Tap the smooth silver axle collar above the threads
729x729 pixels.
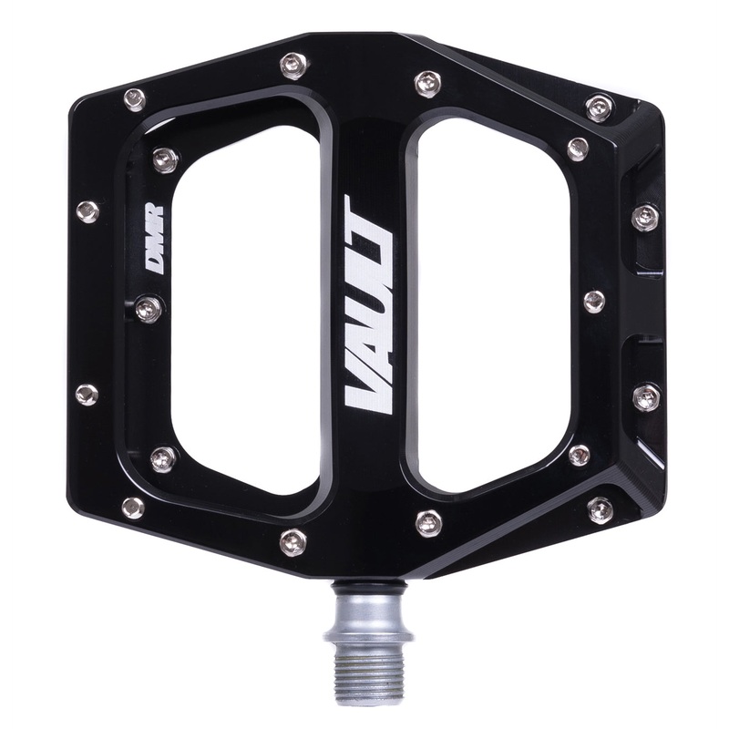click(364, 601)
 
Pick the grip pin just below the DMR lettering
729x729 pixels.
click(149, 309)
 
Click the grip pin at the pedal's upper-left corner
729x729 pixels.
click(134, 99)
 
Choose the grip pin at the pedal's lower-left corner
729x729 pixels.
click(133, 507)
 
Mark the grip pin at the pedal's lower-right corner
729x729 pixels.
click(600, 509)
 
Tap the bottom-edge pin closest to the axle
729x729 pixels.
click(428, 522)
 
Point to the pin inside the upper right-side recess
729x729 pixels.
click(645, 217)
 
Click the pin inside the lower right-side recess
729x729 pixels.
click(645, 395)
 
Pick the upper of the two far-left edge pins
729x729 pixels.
click(87, 211)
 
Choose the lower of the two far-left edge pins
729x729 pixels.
click(87, 395)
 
